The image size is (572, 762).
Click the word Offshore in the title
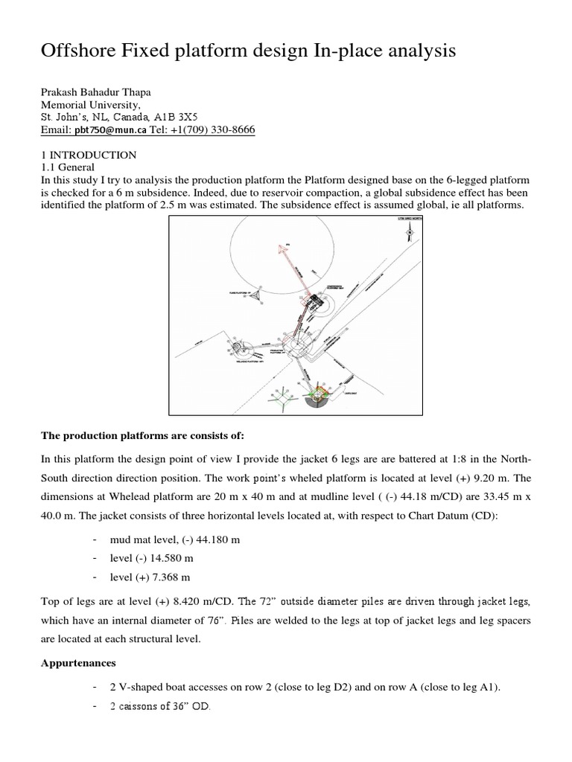click(x=83, y=52)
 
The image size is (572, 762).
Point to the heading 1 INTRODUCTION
click(x=87, y=155)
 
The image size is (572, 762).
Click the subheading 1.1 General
click(x=67, y=167)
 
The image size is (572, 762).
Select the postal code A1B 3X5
click(x=185, y=118)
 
